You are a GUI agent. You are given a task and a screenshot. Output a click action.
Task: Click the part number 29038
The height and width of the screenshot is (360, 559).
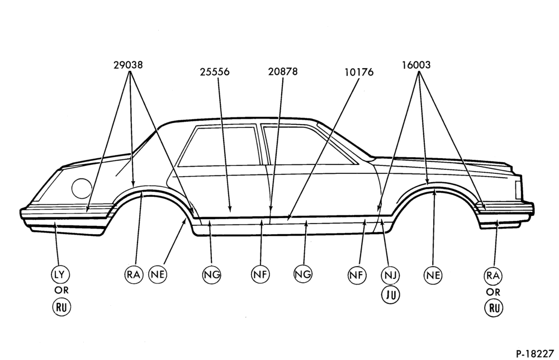(x=128, y=65)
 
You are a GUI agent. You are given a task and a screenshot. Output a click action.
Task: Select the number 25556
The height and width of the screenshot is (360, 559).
(x=215, y=72)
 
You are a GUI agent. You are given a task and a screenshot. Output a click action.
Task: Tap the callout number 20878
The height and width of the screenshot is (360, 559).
(x=283, y=72)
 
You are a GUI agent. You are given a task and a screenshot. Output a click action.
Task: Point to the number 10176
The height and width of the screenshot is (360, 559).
(x=359, y=72)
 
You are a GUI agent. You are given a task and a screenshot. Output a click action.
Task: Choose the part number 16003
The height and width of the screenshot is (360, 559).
(x=416, y=65)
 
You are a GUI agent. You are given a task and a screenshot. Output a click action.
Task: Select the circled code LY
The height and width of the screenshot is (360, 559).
(x=60, y=275)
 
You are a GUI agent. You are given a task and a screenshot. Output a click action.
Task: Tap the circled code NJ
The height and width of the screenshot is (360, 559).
(x=390, y=276)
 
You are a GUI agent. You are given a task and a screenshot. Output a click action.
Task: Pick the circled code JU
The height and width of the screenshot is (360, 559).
(x=391, y=295)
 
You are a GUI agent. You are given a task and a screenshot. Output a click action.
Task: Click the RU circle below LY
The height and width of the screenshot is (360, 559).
(x=61, y=307)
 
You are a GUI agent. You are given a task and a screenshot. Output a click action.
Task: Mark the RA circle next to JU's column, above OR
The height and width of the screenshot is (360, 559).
(x=494, y=276)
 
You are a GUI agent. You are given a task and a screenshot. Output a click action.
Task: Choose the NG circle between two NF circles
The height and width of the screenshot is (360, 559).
(x=303, y=274)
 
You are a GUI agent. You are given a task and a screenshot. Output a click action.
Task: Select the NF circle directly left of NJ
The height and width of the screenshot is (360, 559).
(x=357, y=275)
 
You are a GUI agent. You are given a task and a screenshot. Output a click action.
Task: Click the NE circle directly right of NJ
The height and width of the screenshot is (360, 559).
(x=433, y=276)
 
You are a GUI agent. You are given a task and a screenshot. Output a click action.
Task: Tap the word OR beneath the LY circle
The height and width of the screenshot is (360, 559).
(x=61, y=291)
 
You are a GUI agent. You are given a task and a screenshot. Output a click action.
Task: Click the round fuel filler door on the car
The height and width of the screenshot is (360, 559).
(x=82, y=188)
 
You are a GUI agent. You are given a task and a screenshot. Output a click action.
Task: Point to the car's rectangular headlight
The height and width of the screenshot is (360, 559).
(x=518, y=188)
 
